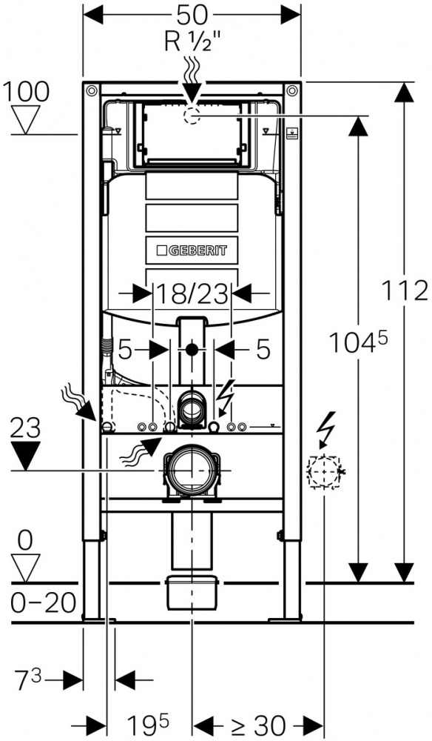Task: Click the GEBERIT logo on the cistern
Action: click(x=191, y=250)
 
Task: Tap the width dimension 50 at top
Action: click(x=192, y=15)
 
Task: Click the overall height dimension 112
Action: click(x=404, y=290)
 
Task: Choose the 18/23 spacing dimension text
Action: click(x=192, y=295)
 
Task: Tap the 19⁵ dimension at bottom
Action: click(x=148, y=723)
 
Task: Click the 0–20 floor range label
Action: click(x=44, y=602)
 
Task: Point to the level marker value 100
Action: click(x=26, y=92)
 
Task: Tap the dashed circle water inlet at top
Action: click(x=192, y=115)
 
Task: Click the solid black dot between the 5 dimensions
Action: click(x=192, y=350)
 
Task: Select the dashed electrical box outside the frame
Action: click(x=324, y=471)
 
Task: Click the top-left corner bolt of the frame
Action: click(x=92, y=90)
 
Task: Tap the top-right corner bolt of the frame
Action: click(x=292, y=90)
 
